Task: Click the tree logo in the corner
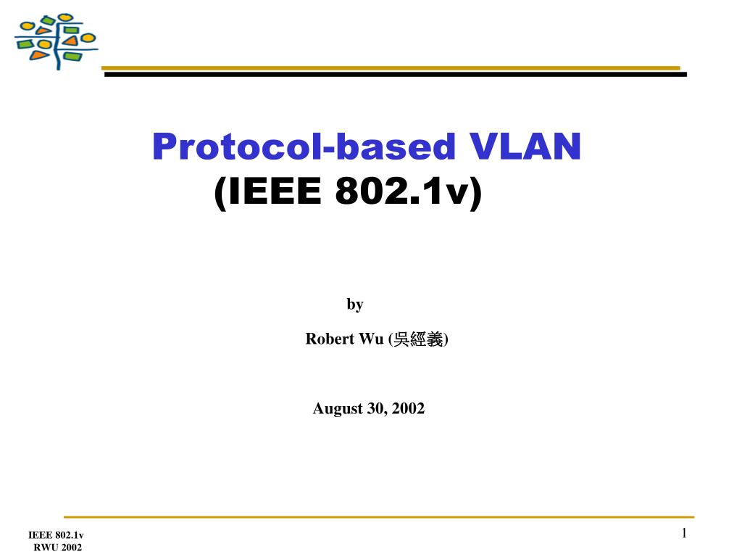click(x=56, y=41)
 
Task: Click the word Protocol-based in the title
click(x=304, y=147)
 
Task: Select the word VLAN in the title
click(x=525, y=147)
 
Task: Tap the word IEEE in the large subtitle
click(x=275, y=191)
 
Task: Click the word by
click(x=355, y=304)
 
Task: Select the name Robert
click(x=330, y=339)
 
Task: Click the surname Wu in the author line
click(x=371, y=339)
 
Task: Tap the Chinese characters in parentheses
click(x=418, y=339)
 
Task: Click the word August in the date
click(x=338, y=409)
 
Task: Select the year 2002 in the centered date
click(x=408, y=408)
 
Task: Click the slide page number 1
click(x=684, y=533)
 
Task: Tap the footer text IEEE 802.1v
click(x=56, y=535)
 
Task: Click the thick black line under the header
click(x=395, y=75)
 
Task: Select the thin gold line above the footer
click(x=379, y=516)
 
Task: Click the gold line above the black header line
click(x=391, y=68)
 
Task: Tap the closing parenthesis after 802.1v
click(x=476, y=192)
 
